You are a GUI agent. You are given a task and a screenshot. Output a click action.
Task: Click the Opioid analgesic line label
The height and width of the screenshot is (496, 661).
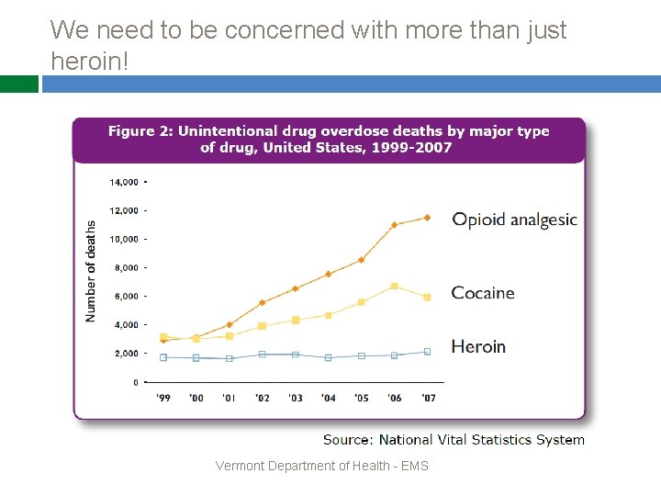coord(514,220)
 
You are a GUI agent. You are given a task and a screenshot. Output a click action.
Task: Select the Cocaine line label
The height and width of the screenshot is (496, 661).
coord(483,293)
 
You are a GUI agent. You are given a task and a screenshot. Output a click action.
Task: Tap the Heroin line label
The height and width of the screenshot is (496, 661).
coord(478,346)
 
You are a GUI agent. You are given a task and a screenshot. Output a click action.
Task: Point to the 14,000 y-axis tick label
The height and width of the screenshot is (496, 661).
coord(124,182)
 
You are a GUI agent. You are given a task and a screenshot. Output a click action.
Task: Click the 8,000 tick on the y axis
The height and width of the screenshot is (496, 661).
coord(126,267)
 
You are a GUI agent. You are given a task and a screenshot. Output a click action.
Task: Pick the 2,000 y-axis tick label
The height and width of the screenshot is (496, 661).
coord(126,354)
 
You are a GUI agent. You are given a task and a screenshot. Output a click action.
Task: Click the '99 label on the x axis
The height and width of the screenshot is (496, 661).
coord(163,398)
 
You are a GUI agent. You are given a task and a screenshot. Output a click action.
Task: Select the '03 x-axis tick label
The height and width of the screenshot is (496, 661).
coord(296,398)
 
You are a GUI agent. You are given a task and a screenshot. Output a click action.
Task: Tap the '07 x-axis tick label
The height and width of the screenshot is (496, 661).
coord(427,398)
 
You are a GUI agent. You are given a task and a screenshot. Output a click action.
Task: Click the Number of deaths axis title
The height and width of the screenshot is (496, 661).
coord(91,270)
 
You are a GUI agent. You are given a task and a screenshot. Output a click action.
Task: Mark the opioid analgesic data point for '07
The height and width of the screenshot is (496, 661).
coord(427,218)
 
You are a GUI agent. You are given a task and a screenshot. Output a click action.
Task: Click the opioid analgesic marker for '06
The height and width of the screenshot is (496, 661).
coord(394,225)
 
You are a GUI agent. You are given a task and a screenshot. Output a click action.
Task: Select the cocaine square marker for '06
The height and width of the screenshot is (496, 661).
coord(394,287)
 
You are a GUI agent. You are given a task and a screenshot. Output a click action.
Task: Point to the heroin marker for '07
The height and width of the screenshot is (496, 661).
coord(427,351)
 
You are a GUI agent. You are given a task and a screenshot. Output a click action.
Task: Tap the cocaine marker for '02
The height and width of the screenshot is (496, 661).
coord(263,325)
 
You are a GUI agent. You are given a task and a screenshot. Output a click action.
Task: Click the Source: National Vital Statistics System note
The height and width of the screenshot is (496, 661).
coord(454,440)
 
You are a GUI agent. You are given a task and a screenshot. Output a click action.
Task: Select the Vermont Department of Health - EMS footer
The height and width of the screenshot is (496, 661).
coord(321,466)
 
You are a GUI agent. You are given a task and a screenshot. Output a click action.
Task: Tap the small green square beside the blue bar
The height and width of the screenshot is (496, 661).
coord(19,85)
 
